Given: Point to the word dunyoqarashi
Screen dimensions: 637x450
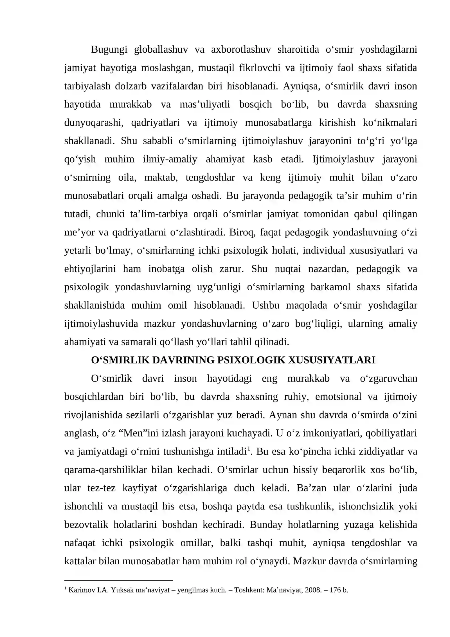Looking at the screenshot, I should [x=94, y=123].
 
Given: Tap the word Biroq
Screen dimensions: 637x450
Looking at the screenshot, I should [x=242, y=232].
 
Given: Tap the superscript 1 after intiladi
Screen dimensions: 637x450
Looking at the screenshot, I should [x=248, y=449].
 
